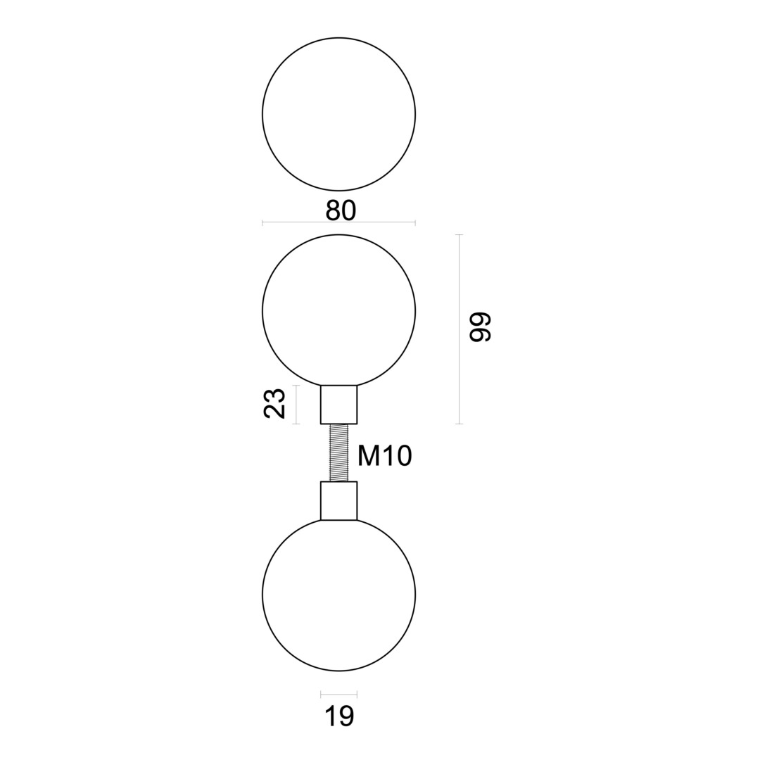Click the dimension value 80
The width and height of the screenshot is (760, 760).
click(341, 210)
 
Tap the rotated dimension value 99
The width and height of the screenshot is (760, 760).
click(481, 327)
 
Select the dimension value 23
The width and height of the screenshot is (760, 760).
click(274, 404)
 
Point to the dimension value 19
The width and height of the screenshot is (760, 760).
click(339, 716)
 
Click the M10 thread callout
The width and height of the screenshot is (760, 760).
click(384, 456)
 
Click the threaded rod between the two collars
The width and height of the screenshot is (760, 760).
click(339, 452)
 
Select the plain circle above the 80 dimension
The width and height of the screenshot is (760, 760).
click(338, 114)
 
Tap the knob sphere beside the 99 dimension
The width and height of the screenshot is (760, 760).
click(338, 310)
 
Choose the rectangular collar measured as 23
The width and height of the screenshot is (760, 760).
click(338, 405)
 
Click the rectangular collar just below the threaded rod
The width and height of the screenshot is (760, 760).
click(338, 500)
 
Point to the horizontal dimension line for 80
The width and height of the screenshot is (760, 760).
click(296, 222)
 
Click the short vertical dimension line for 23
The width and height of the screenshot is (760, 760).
click(296, 405)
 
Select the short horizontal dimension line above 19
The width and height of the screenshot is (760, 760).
click(338, 695)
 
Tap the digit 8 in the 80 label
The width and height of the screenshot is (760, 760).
click(333, 210)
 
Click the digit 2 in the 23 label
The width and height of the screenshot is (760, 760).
click(274, 412)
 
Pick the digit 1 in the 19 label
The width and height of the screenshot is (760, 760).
click(330, 716)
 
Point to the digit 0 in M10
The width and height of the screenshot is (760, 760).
click(403, 456)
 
